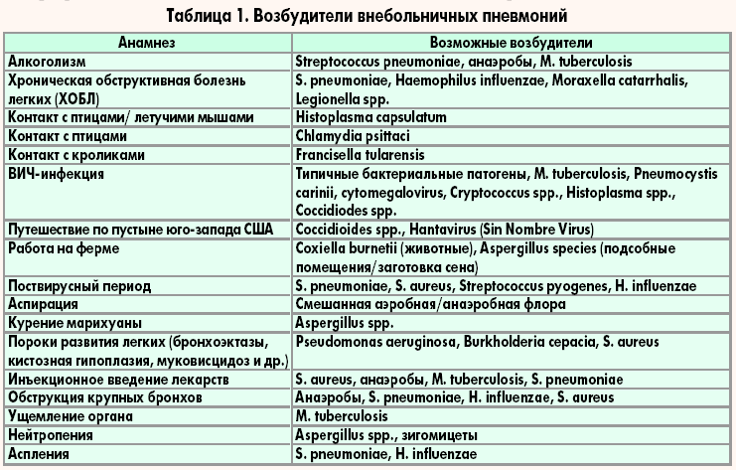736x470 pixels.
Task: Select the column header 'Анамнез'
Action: tap(148, 44)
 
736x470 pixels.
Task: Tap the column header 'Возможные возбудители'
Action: tap(512, 44)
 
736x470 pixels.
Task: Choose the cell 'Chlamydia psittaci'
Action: tap(350, 136)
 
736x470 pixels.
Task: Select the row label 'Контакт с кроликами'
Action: tap(76, 155)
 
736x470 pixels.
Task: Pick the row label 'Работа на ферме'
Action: tap(63, 247)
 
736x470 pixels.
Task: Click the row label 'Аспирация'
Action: tap(43, 304)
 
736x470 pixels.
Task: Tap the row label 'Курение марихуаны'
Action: tap(74, 323)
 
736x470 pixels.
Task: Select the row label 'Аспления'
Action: tap(39, 454)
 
